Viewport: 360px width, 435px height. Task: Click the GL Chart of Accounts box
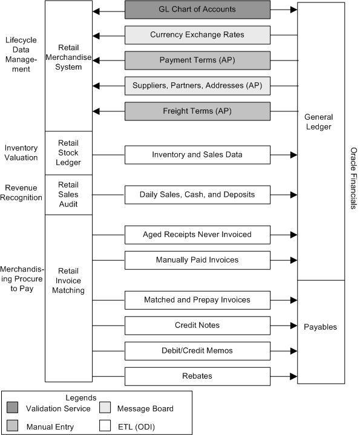coord(197,10)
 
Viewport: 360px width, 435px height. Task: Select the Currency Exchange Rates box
coord(197,35)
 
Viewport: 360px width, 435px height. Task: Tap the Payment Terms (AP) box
coord(197,61)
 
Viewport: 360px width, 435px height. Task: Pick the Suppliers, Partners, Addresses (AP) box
coord(197,86)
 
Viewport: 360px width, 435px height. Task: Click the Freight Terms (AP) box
coord(197,111)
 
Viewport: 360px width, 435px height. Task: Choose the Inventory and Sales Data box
coord(197,155)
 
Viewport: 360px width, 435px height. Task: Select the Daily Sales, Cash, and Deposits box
coord(197,195)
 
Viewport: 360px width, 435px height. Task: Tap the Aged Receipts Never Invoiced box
coord(197,235)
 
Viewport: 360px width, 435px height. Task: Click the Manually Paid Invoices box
coord(197,260)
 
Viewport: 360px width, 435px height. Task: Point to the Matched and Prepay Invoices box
coord(197,300)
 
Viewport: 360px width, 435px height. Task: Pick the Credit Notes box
coord(197,325)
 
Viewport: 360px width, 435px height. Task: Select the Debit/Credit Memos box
coord(197,351)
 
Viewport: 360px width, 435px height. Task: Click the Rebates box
coord(197,376)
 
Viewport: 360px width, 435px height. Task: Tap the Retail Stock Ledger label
coord(69,153)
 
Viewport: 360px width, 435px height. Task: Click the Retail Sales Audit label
coord(69,195)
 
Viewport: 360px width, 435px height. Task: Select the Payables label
coord(321,327)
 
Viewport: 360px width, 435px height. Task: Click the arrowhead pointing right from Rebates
coord(293,376)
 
